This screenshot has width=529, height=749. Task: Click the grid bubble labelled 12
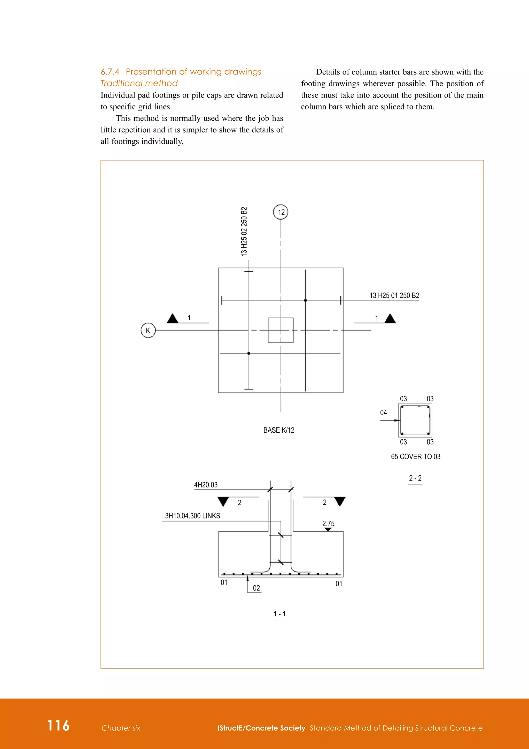tap(281, 212)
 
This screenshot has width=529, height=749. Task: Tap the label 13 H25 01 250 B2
tap(394, 296)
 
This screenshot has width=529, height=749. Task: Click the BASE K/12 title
tap(279, 430)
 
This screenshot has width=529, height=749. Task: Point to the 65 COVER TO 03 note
tap(416, 457)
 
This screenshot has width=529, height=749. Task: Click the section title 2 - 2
tap(415, 478)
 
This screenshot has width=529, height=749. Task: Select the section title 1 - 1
tap(280, 614)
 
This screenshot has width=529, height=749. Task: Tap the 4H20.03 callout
tap(206, 485)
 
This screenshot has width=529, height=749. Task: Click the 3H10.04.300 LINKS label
tap(192, 516)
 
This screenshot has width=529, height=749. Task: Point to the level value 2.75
tap(328, 523)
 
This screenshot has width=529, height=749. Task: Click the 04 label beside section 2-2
tap(383, 413)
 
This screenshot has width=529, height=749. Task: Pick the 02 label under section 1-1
tap(256, 588)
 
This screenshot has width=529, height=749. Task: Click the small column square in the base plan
tap(281, 330)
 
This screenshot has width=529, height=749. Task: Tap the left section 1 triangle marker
tap(172, 319)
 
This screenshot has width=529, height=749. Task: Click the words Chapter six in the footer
tap(121, 728)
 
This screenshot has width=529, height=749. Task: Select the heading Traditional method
tap(139, 84)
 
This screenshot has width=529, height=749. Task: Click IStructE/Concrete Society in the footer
tap(261, 728)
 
